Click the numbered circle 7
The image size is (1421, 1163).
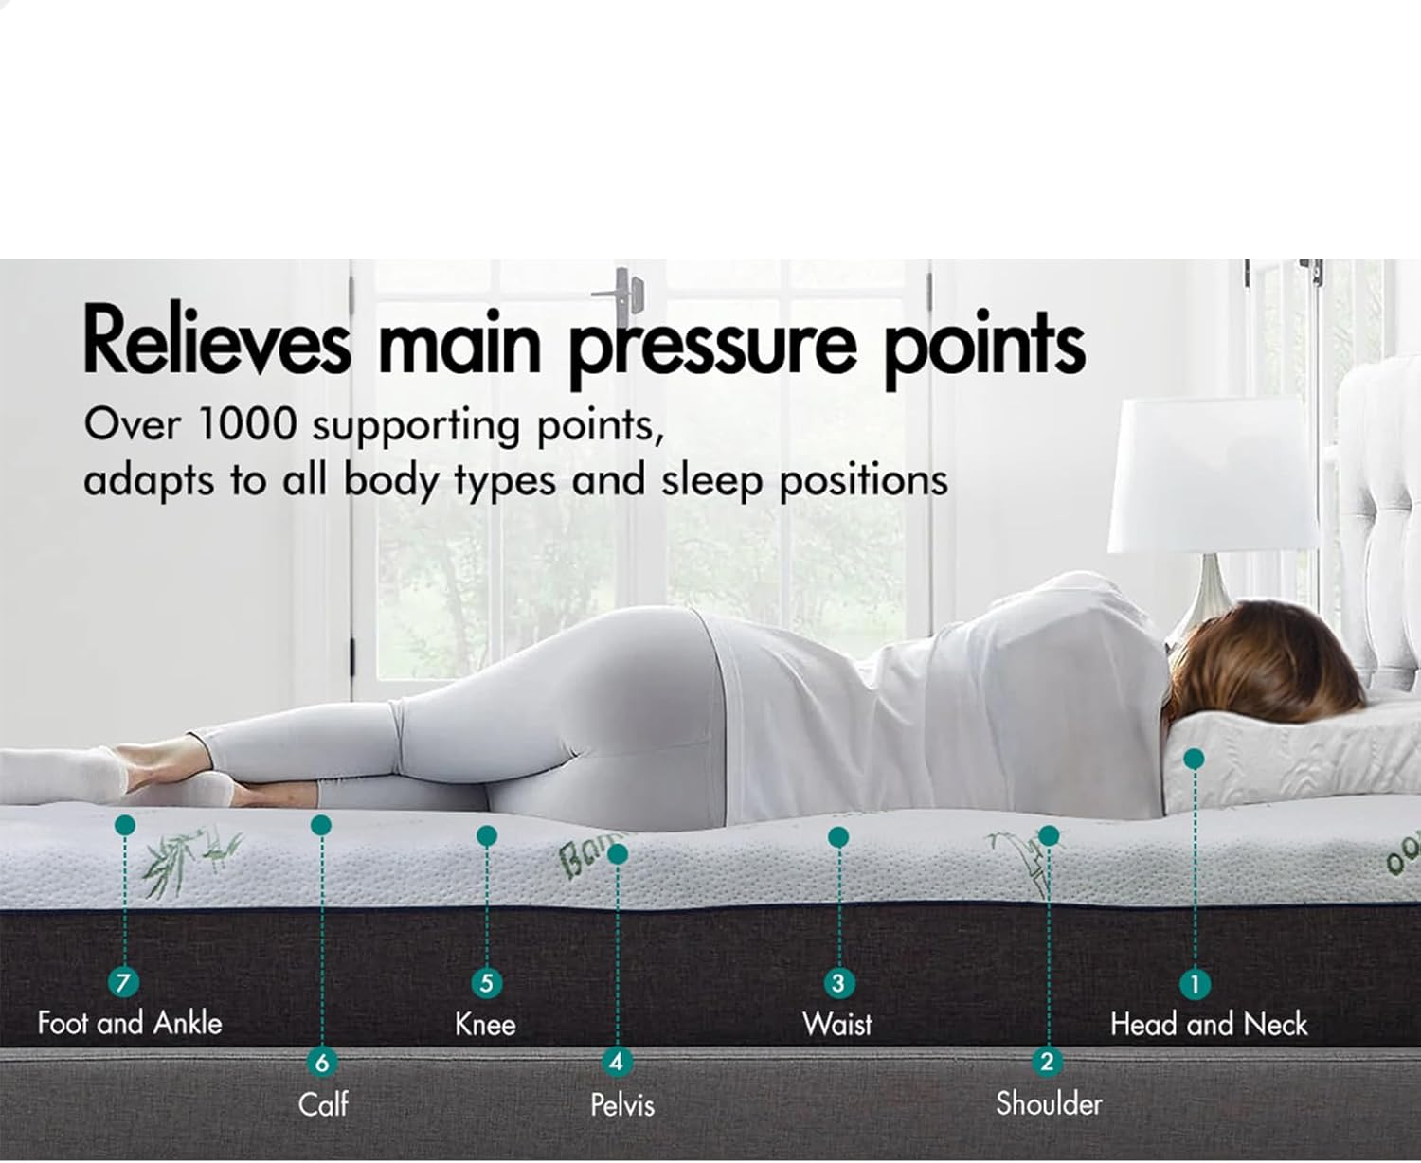[x=122, y=982]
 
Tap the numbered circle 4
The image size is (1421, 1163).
[x=616, y=1062]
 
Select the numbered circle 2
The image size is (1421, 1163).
[x=1047, y=1062]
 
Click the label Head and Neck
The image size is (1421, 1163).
[x=1208, y=1024]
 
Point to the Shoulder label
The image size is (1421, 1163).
[x=1049, y=1103]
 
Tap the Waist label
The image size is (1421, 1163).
[x=837, y=1024]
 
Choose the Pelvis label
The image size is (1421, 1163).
[x=622, y=1104]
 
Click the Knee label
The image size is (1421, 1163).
[x=485, y=1024]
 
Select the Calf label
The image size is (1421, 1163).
[x=323, y=1104]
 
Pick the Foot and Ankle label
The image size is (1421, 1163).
[x=130, y=1023]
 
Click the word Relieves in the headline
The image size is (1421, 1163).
[x=216, y=341]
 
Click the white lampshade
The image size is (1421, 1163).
[x=1213, y=474]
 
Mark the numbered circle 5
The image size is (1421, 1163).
[x=486, y=982]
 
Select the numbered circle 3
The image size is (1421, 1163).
[x=837, y=982]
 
